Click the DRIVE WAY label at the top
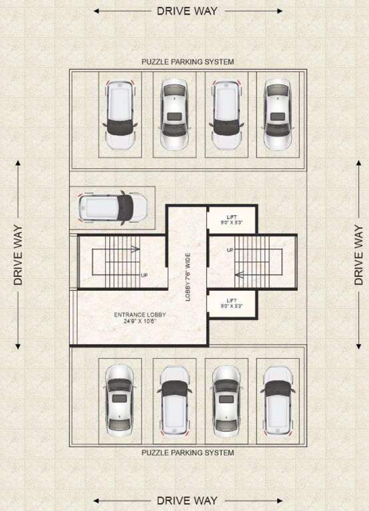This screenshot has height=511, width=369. [187, 11]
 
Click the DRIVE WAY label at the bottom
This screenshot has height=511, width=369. [187, 500]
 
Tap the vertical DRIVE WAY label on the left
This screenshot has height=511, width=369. [18, 255]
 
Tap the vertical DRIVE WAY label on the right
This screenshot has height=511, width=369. [359, 255]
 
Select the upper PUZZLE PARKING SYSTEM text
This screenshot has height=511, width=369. [187, 62]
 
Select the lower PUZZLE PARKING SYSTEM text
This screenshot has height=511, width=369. [187, 453]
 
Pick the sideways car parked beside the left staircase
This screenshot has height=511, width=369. [112, 207]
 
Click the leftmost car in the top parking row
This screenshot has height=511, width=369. [120, 114]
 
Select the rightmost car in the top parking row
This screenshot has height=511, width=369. [277, 114]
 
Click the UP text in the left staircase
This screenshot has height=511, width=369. [144, 274]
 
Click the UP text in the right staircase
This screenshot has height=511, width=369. [231, 250]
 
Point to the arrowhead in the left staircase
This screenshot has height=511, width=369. [137, 250]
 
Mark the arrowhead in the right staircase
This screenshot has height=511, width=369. [237, 274]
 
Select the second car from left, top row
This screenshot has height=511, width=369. [174, 114]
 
